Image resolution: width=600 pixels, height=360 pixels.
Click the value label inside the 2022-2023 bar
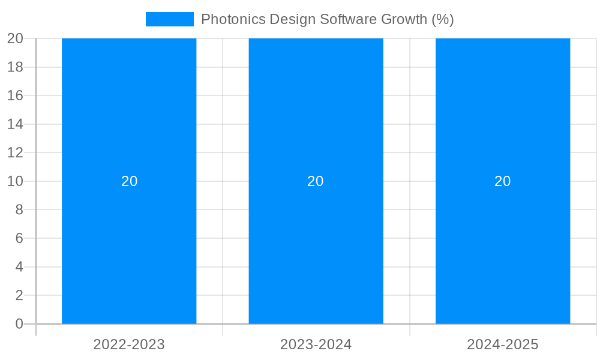[130, 181]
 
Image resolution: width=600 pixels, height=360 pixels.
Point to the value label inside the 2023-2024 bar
[316, 181]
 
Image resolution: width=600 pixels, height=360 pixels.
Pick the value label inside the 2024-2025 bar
[503, 181]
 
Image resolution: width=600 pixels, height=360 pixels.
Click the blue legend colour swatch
[170, 19]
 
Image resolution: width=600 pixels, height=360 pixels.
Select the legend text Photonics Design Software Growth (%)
[327, 19]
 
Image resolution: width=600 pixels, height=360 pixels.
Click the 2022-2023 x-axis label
[129, 344]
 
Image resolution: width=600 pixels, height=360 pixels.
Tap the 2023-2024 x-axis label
[316, 344]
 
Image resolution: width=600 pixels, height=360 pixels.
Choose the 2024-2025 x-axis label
[503, 344]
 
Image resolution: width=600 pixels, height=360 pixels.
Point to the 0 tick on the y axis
[19, 324]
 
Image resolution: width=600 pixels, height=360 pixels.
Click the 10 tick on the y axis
[15, 181]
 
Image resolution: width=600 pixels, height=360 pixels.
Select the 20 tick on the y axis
[15, 38]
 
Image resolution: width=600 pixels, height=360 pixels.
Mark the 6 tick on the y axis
[19, 238]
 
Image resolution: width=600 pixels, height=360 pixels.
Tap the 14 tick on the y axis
[15, 124]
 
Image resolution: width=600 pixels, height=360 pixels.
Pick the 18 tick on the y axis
[15, 67]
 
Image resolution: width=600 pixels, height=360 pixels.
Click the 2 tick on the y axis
[19, 295]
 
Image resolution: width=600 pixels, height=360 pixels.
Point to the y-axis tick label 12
[15, 153]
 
